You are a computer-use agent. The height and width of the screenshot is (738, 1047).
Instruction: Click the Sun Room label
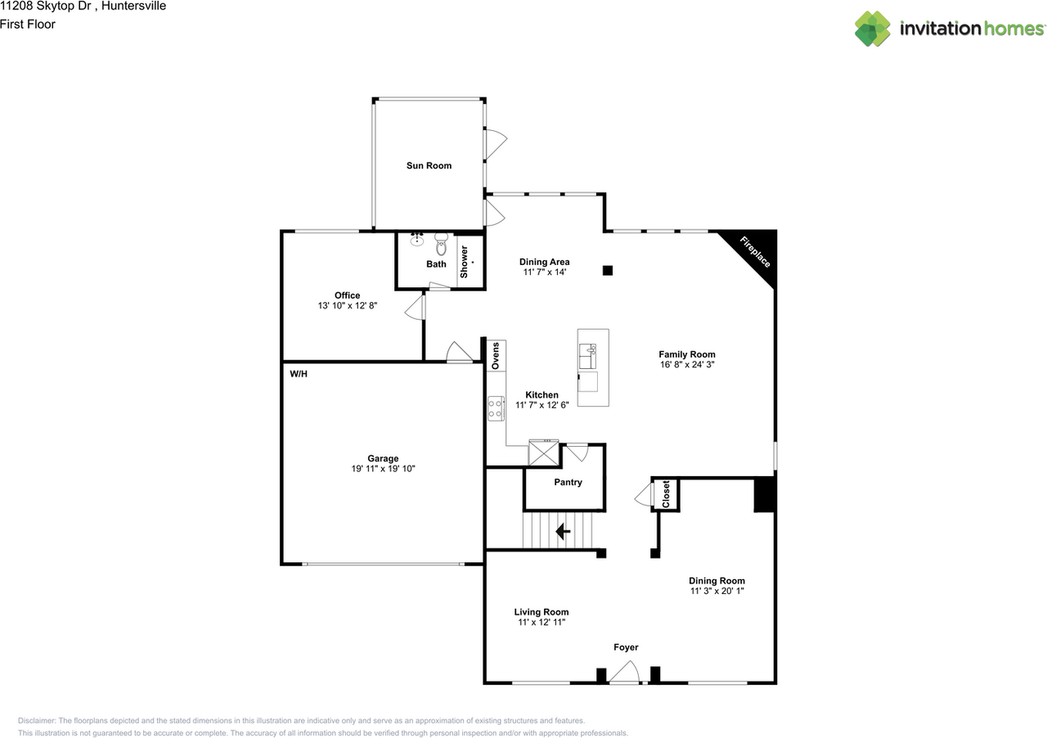point(429,166)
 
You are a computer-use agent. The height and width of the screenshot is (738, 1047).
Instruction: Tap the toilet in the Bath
point(442,243)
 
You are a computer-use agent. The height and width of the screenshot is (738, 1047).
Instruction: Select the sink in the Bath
point(416,239)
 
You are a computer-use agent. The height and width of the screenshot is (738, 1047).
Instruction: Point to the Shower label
point(464,262)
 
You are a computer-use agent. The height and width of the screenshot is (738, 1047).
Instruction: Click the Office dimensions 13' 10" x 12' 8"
point(347,306)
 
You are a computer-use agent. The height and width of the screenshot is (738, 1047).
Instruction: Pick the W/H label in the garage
point(298,374)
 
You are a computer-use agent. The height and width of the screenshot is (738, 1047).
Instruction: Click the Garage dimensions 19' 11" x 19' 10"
point(383,469)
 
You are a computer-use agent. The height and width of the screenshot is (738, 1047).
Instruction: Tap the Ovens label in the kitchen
point(495,355)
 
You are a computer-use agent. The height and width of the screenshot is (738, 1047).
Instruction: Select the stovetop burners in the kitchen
point(496,408)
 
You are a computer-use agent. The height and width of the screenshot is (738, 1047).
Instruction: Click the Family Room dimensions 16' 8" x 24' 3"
point(687,365)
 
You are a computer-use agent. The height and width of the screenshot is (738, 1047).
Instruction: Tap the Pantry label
point(568,483)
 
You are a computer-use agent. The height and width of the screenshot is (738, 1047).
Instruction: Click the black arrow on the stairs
point(563,532)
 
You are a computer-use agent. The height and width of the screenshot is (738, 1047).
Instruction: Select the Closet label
point(666,494)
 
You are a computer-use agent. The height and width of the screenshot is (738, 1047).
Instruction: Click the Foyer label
point(626,648)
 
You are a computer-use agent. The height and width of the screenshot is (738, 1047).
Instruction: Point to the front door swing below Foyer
point(626,673)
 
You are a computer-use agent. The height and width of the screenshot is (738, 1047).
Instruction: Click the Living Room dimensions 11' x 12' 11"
point(541,623)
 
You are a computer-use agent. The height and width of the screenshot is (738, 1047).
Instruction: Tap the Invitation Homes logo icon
point(873,29)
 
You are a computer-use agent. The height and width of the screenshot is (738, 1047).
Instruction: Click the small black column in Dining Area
point(607,270)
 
